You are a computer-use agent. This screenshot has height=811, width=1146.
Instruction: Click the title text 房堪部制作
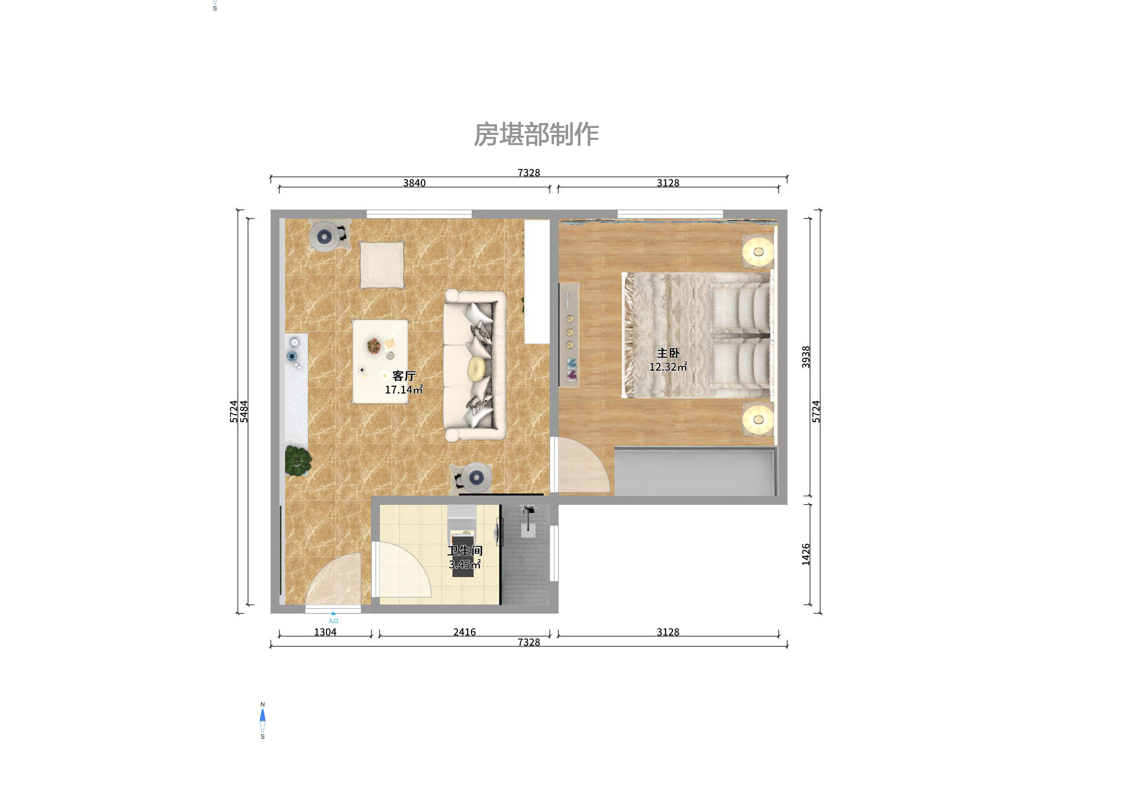point(536,135)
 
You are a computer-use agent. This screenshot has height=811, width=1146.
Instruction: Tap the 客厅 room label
point(404,375)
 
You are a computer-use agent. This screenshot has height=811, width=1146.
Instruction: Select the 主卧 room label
point(668,353)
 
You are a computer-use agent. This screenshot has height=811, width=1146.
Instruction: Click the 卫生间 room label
point(465,550)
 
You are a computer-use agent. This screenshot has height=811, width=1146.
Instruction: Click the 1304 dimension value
point(325,632)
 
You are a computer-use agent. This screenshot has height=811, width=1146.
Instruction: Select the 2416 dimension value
point(464,632)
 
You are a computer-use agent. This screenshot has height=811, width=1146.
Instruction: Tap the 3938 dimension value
point(806,357)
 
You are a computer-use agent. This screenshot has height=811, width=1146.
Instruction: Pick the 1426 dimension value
point(806,554)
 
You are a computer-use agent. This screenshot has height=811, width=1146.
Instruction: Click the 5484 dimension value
point(244,412)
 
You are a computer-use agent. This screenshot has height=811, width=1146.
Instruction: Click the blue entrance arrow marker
point(333,613)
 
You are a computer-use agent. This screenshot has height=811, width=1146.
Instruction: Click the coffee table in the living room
point(380,361)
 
